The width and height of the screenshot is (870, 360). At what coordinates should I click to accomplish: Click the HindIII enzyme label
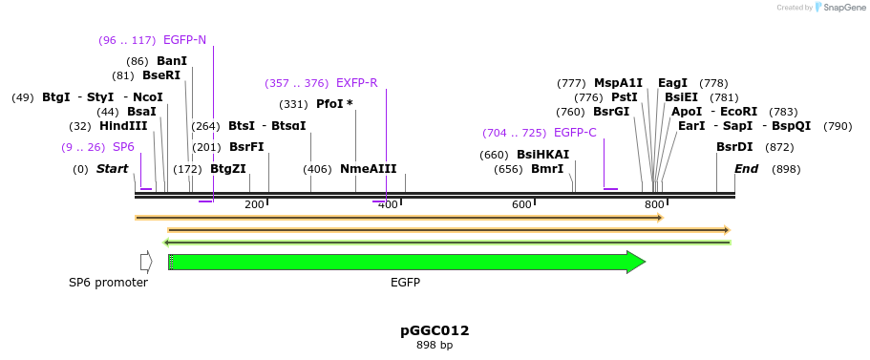123,126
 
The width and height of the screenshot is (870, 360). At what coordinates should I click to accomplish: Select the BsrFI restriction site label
246,147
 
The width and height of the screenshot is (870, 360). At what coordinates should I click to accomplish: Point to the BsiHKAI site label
542,155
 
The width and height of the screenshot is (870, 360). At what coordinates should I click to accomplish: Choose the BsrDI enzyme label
734,147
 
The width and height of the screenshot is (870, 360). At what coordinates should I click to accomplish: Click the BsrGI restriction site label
611,112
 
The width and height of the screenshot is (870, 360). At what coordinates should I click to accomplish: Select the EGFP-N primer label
184,40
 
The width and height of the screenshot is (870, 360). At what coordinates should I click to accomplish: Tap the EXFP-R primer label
356,83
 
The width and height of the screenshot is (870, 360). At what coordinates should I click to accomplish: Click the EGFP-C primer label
575,133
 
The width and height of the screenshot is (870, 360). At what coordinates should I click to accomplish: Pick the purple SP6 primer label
123,147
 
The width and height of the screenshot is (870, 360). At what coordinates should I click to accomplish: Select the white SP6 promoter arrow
146,262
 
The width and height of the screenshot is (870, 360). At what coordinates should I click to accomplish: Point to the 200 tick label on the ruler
254,204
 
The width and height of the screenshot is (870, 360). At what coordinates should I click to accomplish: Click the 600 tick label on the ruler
521,204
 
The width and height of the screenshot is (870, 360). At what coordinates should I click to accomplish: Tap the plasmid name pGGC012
435,330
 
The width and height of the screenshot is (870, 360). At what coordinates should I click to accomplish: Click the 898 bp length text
435,345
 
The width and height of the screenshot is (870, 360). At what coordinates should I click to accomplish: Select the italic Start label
112,169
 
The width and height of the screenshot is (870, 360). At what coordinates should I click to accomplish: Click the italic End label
746,169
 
